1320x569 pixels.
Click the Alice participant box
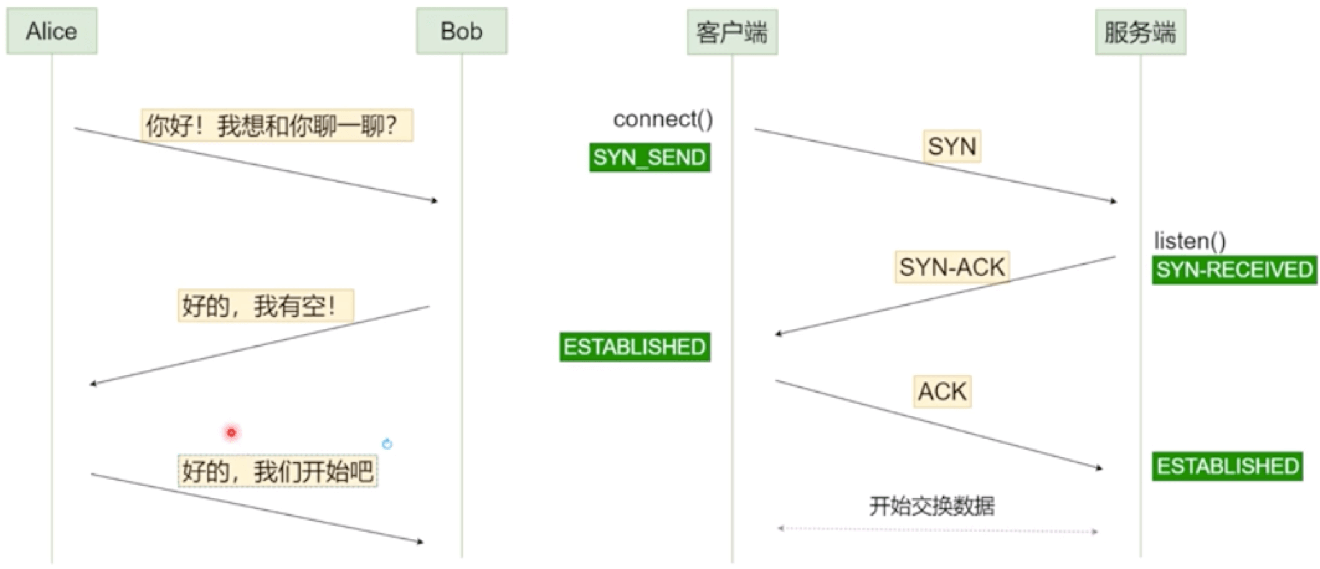click(x=52, y=31)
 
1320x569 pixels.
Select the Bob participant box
click(x=461, y=31)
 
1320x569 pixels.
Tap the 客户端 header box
click(x=731, y=32)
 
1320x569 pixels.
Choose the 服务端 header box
click(x=1140, y=32)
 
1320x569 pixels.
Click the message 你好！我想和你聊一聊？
click(x=276, y=125)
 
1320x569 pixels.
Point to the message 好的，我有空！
click(x=265, y=305)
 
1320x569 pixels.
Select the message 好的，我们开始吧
click(x=278, y=471)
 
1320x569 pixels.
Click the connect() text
click(x=662, y=119)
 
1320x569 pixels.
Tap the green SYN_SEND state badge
click(x=649, y=157)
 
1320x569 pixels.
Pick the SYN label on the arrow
click(x=952, y=146)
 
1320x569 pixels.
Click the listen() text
click(x=1190, y=240)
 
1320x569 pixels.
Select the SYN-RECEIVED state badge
click(x=1234, y=270)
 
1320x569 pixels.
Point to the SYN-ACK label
click(x=952, y=267)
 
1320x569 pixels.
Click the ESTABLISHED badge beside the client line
click(x=635, y=347)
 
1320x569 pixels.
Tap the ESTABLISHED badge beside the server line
click(x=1227, y=466)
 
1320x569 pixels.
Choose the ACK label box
click(x=942, y=391)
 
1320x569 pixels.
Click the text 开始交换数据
click(x=932, y=506)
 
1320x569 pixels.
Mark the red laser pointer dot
click(x=232, y=432)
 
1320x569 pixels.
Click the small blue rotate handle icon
click(x=387, y=444)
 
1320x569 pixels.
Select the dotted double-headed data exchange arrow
click(x=938, y=530)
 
